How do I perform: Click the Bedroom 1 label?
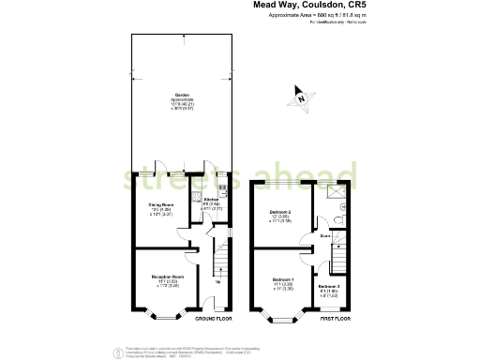point(283,280)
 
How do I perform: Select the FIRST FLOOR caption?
point(335,320)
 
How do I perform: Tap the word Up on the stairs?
point(218,282)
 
